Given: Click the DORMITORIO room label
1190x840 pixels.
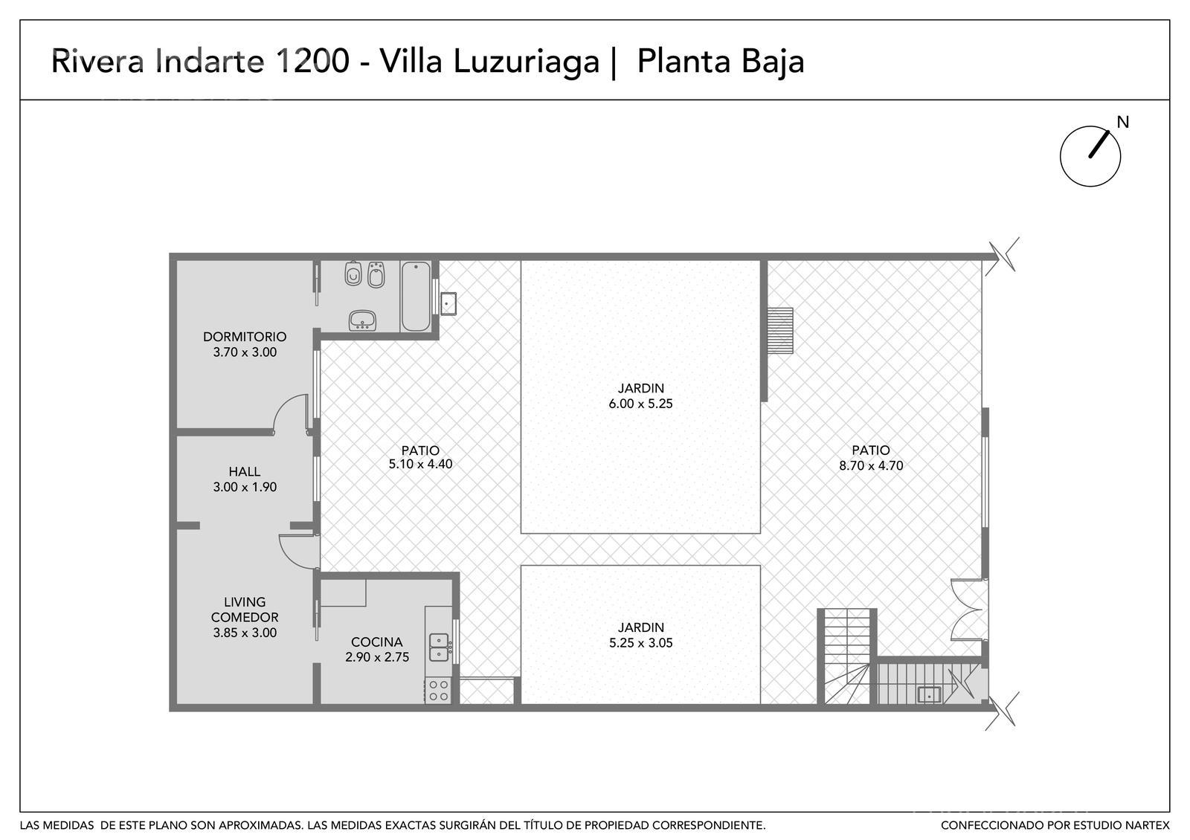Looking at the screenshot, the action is [x=245, y=337].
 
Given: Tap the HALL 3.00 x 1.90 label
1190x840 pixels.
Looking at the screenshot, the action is [x=245, y=479].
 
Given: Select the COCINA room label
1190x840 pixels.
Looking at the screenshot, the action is [x=376, y=642].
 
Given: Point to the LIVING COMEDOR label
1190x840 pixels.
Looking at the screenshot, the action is [x=245, y=610].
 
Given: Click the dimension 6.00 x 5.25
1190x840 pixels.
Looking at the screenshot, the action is [x=640, y=404].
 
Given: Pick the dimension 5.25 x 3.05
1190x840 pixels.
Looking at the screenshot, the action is [x=640, y=643].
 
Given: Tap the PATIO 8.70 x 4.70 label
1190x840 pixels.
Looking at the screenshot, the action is [x=871, y=458].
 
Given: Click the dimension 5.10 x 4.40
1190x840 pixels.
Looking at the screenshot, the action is [x=420, y=464].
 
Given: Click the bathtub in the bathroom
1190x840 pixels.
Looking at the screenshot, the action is [x=416, y=296].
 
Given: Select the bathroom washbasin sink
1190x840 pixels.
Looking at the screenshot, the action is [x=362, y=320].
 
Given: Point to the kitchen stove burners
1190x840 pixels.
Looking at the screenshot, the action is [x=438, y=691].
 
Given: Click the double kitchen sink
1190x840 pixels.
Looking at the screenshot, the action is [x=439, y=647].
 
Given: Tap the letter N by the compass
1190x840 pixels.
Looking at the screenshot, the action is [x=1122, y=122].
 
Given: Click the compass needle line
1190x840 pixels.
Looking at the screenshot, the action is [x=1099, y=144].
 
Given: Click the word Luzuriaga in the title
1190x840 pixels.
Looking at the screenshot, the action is [x=526, y=62].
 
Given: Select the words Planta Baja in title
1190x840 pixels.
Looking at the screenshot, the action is [x=721, y=62].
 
